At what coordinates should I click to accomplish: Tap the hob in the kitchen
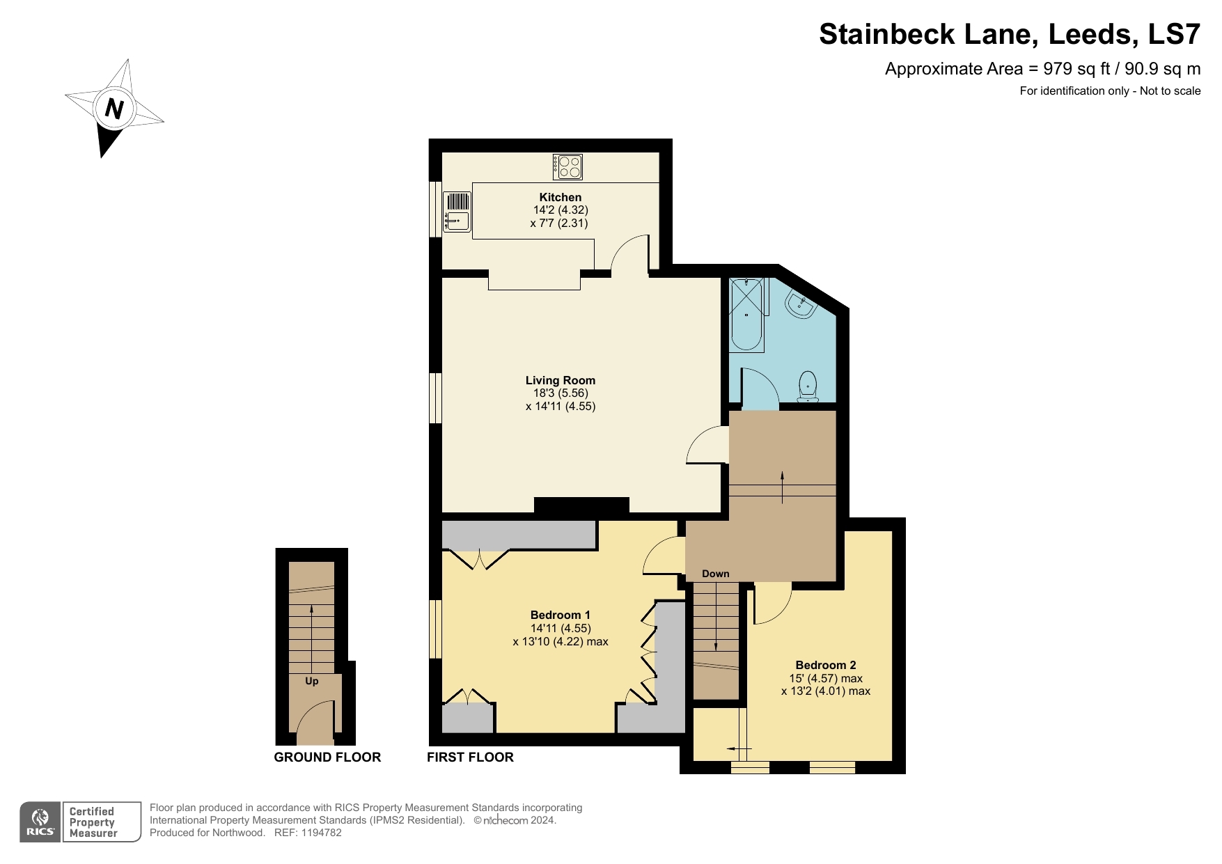click(567, 166)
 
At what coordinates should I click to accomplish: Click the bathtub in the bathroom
click(746, 314)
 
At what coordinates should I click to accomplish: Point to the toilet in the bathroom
click(808, 387)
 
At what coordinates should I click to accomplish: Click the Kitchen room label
click(560, 197)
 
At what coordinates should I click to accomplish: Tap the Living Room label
click(560, 380)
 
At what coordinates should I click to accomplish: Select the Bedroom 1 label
click(560, 615)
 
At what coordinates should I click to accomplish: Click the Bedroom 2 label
click(825, 665)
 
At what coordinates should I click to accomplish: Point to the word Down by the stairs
click(715, 574)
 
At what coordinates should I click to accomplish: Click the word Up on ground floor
click(311, 681)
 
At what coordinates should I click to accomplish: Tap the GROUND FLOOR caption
click(327, 757)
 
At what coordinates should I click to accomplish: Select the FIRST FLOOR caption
click(470, 757)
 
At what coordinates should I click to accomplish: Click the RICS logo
click(40, 822)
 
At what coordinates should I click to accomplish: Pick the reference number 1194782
click(321, 833)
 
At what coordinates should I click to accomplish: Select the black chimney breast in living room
click(581, 505)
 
